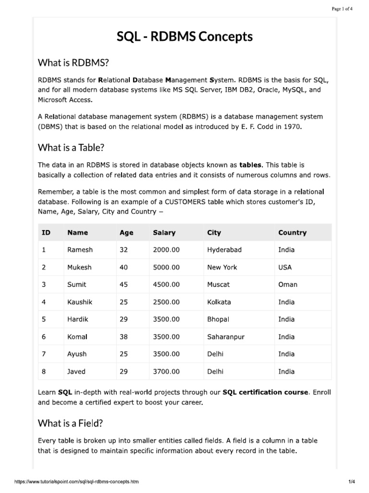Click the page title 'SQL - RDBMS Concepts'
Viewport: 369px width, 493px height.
click(x=184, y=37)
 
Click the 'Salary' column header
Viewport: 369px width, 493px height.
click(x=164, y=233)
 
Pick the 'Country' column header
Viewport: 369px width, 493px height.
click(x=292, y=233)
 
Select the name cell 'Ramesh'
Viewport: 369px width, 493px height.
click(x=80, y=250)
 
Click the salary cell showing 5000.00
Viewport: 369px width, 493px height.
click(x=166, y=267)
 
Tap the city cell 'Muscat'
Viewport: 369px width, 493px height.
click(x=218, y=285)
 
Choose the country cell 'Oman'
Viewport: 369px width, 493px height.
click(x=288, y=285)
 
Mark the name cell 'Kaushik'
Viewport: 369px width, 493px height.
click(x=80, y=302)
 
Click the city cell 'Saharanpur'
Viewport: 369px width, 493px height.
click(x=226, y=337)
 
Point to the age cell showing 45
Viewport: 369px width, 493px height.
click(x=124, y=285)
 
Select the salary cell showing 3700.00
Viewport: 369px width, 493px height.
click(x=166, y=372)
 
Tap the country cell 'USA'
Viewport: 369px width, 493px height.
click(x=285, y=267)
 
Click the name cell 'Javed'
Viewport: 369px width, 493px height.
click(x=77, y=372)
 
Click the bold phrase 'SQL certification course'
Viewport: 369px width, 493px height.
click(x=265, y=392)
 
